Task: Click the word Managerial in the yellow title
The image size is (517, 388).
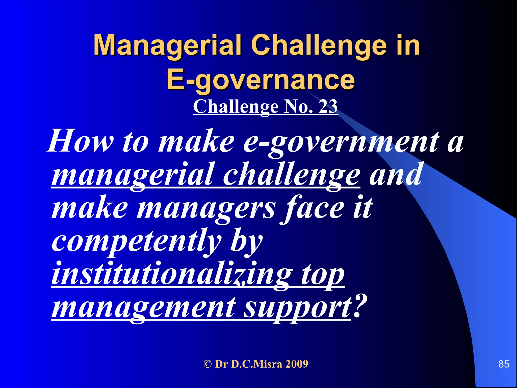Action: tap(167, 45)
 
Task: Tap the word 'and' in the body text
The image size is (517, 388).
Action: tap(395, 174)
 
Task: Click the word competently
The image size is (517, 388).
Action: tap(136, 241)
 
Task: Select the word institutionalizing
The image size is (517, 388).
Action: tap(172, 274)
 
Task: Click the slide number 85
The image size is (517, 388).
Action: tap(504, 364)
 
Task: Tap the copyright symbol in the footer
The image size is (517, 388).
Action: tap(208, 364)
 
